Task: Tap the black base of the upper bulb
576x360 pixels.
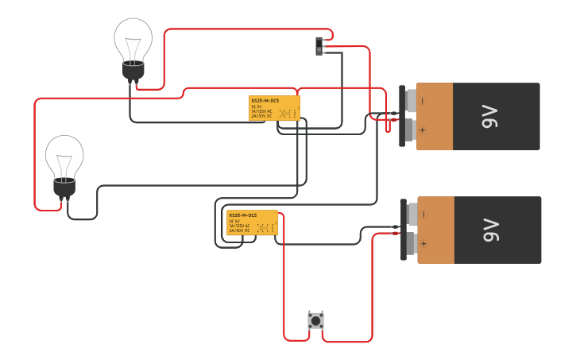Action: pos(133,72)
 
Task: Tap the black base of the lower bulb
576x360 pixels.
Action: pos(64,188)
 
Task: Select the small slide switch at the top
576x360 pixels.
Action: pos(320,46)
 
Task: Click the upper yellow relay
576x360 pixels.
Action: pos(274,108)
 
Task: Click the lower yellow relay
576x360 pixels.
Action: pos(252,223)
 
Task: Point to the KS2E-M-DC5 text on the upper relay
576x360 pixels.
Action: pos(265,101)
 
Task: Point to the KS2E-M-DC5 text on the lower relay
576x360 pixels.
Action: pos(242,215)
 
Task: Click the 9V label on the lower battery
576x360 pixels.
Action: pos(489,230)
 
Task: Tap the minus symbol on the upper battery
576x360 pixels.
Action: pos(423,101)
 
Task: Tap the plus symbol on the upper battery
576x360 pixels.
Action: pos(423,130)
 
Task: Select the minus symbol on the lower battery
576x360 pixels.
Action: pos(424,215)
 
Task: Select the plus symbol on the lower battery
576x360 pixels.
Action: pos(424,244)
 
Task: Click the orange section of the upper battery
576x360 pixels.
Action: pos(435,116)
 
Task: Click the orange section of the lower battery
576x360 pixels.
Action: pos(437,230)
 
